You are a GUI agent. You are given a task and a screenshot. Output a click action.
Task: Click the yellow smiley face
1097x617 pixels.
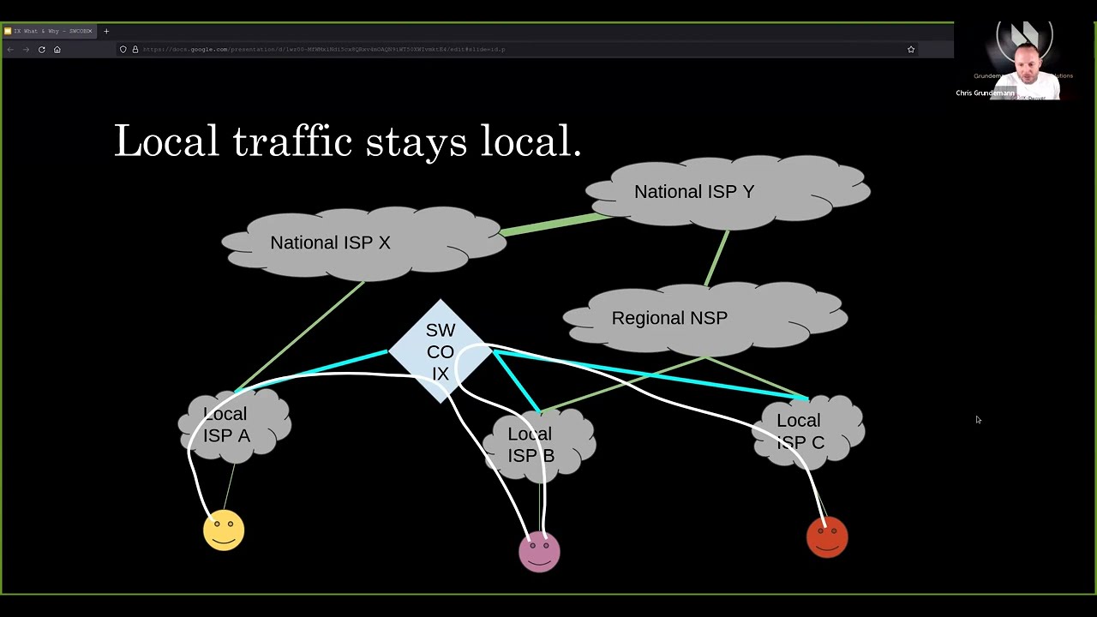(x=224, y=530)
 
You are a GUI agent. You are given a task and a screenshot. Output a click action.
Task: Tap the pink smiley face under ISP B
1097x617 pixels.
(x=539, y=551)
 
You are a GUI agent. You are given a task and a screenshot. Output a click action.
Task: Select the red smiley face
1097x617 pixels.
(x=827, y=536)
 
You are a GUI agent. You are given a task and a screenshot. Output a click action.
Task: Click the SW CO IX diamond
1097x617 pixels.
(x=441, y=351)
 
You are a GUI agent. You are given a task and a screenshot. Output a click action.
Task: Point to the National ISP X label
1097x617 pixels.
(x=330, y=243)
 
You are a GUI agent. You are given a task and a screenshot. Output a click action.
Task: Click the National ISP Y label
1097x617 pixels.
(x=694, y=192)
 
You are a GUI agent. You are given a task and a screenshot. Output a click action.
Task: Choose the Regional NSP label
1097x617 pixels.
(x=669, y=318)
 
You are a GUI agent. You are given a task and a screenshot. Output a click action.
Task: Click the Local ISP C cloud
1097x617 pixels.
(x=806, y=431)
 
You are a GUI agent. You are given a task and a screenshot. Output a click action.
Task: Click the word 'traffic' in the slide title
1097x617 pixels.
(x=291, y=141)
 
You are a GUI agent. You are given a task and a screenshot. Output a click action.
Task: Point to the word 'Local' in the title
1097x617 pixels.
(x=166, y=141)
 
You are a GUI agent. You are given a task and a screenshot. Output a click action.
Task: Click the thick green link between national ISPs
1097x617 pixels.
(x=555, y=224)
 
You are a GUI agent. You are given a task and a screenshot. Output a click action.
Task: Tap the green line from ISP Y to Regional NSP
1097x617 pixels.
(x=716, y=257)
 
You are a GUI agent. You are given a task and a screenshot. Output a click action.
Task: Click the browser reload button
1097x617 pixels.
(x=41, y=50)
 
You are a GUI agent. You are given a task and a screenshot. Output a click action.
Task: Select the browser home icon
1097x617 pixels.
(x=57, y=50)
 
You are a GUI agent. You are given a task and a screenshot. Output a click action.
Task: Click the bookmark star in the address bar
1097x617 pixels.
(x=911, y=50)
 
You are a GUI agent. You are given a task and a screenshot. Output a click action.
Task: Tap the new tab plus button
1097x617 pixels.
(x=106, y=32)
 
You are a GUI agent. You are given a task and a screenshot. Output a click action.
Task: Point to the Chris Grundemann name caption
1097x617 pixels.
(x=985, y=93)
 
